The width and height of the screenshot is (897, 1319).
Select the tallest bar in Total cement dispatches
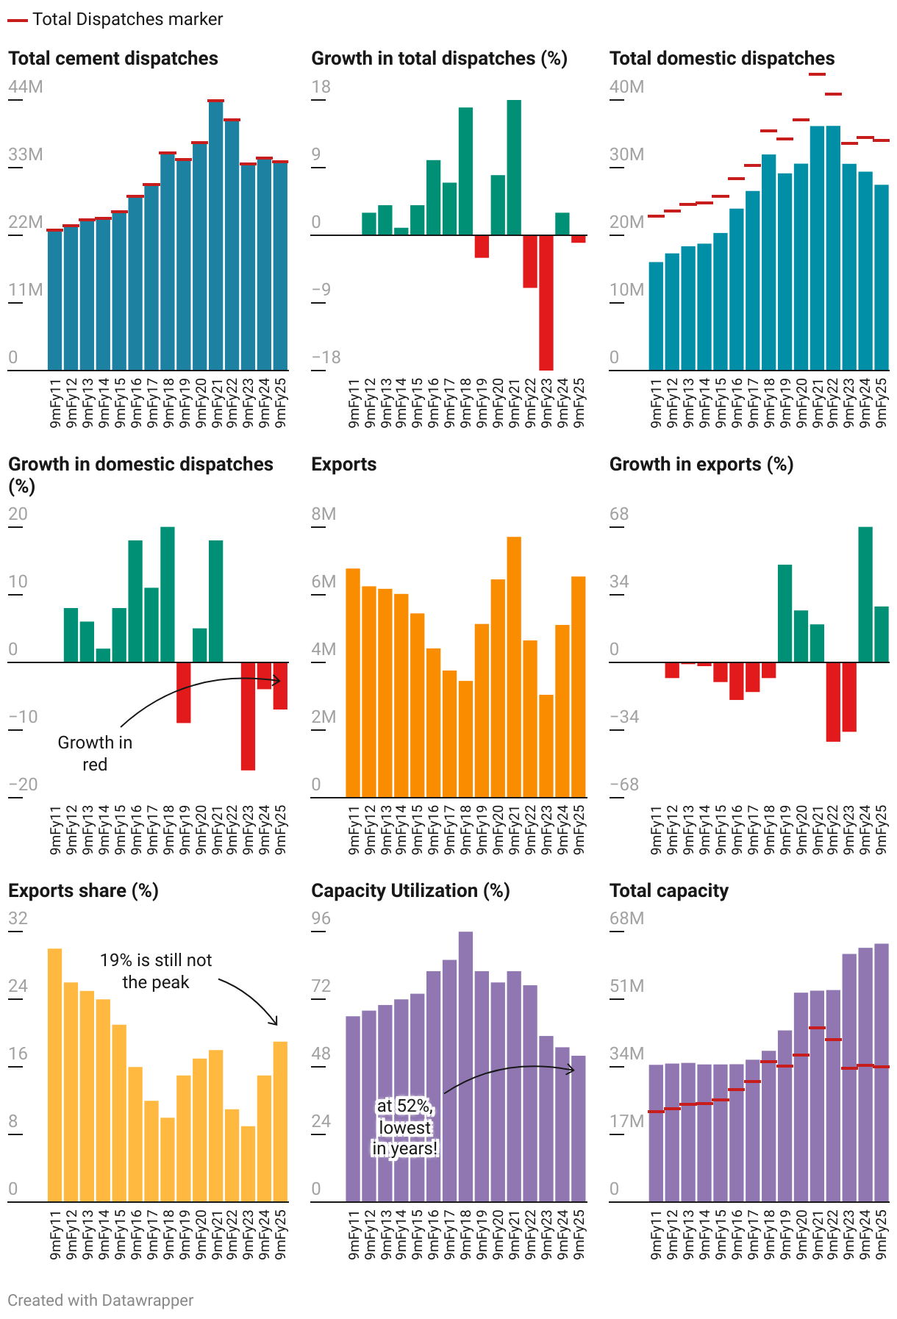click(215, 235)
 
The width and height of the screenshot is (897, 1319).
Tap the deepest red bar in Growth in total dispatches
click(546, 302)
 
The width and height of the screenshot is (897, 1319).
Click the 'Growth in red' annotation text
click(95, 754)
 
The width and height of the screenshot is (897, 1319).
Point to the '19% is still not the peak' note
click(156, 971)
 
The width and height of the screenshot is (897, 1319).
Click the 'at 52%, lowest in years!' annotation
click(405, 1127)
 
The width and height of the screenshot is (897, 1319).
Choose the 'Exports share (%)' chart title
click(83, 891)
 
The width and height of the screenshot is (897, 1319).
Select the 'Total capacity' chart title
click(668, 891)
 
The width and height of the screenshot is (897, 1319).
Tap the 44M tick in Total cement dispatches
click(26, 87)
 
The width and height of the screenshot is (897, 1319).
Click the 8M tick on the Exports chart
click(324, 515)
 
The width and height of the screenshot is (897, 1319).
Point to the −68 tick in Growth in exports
click(624, 784)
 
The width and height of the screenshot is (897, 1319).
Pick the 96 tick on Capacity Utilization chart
click(321, 919)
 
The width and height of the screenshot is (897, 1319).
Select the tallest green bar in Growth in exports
click(865, 595)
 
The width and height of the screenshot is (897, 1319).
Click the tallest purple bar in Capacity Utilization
click(465, 1066)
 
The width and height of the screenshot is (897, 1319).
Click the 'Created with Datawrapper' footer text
click(101, 1301)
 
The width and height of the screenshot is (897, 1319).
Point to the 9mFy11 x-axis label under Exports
click(354, 831)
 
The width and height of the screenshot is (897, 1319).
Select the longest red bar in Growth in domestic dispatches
click(248, 716)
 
